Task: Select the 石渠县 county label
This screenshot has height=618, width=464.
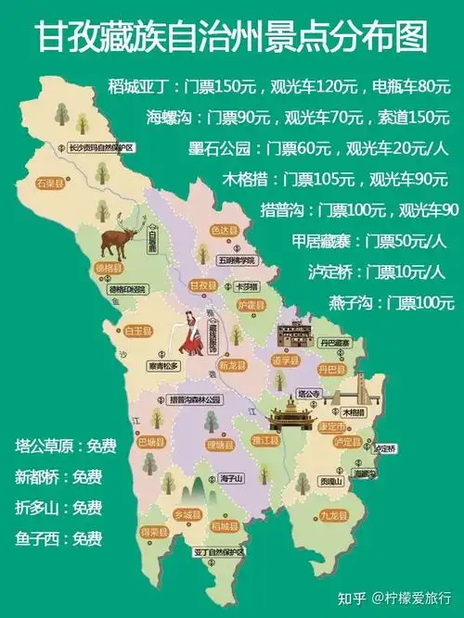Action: [50, 183]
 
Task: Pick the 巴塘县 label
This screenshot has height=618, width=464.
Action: [151, 441]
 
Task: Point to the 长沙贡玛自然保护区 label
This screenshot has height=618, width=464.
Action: [102, 148]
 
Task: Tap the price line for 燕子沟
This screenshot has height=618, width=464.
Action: [391, 302]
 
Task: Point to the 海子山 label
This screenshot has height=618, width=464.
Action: [230, 478]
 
